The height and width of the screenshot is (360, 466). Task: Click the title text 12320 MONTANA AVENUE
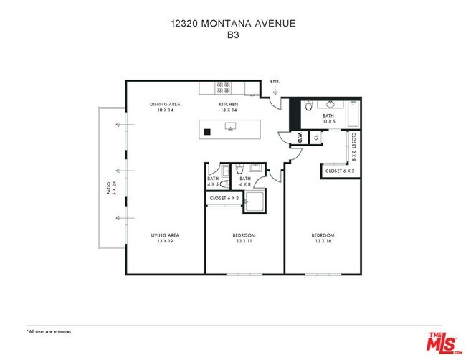tap(232, 23)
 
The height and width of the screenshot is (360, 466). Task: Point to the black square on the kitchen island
tap(206, 131)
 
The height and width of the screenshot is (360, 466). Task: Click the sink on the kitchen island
tap(230, 127)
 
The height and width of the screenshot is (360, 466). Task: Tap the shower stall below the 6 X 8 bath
tap(255, 202)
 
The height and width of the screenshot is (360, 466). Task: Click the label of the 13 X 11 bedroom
tap(244, 238)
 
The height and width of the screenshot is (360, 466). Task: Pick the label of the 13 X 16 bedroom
tap(323, 238)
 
